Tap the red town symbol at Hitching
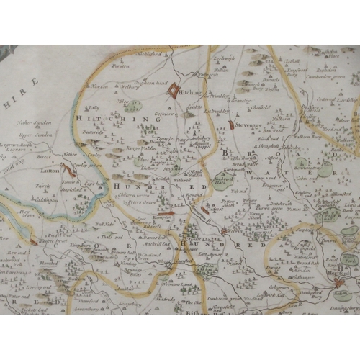coord(175,91)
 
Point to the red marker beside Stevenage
coord(230,125)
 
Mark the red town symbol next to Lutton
coord(68,170)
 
